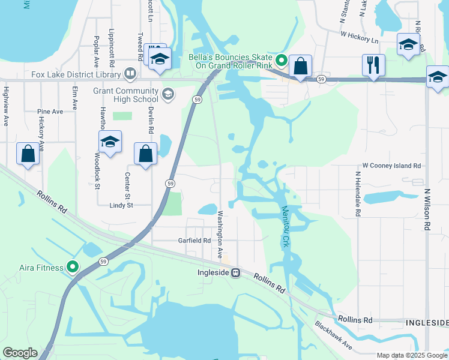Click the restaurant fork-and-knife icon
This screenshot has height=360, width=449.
374,64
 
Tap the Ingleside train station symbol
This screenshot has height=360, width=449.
236,272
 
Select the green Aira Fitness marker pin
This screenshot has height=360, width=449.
73,267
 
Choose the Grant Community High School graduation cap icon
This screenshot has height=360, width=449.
167,94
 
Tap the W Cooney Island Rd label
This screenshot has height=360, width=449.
391,165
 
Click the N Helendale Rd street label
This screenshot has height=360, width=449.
357,194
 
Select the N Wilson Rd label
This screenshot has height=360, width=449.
427,210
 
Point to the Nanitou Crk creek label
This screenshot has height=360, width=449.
286,226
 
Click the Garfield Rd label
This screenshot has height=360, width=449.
194,240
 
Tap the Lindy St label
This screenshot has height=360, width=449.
121,205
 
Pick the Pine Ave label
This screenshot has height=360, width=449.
50,112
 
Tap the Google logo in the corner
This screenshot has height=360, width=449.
20,353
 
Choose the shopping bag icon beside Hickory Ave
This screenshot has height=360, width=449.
28,154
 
